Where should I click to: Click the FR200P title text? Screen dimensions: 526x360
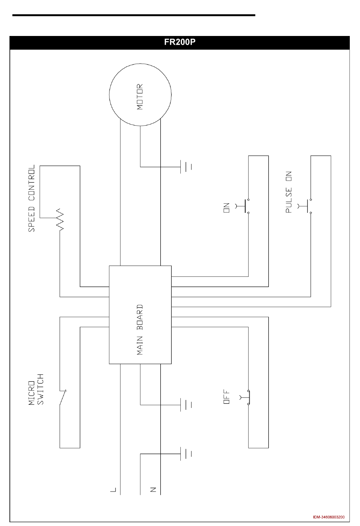tap(180, 42)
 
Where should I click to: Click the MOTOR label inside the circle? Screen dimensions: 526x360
tap(140, 97)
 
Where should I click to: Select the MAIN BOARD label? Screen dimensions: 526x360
tap(140, 329)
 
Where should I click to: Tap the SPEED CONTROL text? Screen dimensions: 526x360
tap(32, 198)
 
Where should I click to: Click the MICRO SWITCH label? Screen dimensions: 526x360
tap(36, 389)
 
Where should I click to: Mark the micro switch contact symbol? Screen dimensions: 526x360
tap(63, 398)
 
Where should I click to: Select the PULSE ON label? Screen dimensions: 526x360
tap(289, 192)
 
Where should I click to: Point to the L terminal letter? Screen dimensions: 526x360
tap(113, 490)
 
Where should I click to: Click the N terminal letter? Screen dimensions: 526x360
tap(153, 490)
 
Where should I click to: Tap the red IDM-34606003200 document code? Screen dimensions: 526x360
tap(329, 517)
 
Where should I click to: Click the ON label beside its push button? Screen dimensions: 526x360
tap(227, 208)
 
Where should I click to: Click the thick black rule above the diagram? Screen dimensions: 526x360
tap(133, 15)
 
